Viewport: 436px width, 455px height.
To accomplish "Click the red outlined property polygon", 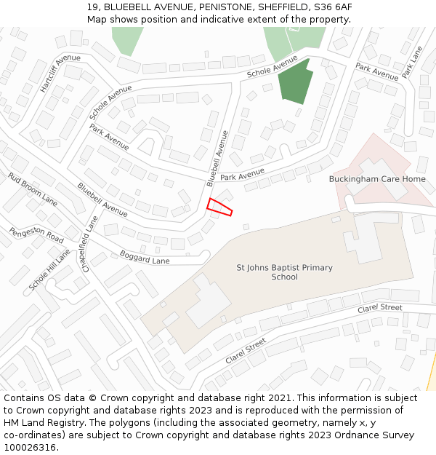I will click(219, 207).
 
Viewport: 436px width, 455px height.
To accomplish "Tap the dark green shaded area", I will click(296, 82).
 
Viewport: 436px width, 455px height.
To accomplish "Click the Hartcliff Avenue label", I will click(60, 73).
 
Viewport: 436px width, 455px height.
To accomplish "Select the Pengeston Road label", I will click(36, 234).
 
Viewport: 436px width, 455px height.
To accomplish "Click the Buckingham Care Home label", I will click(377, 179).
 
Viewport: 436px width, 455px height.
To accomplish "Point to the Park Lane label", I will click(412, 63).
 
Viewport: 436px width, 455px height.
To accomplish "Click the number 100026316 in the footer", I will click(30, 448).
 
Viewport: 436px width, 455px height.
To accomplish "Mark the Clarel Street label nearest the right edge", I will click(379, 308).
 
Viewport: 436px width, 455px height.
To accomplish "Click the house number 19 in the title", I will click(92, 7).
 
